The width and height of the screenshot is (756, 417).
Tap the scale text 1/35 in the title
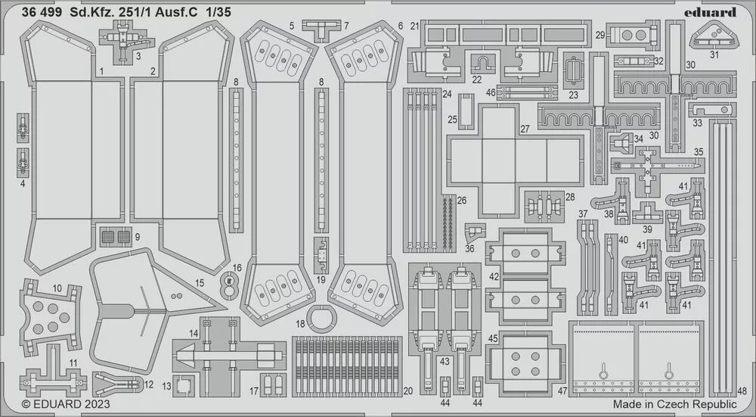pyautogui.click(x=228, y=12)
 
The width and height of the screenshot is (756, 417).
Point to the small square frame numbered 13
pyautogui.click(x=184, y=385)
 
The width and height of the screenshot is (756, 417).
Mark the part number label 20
pyautogui.click(x=408, y=391)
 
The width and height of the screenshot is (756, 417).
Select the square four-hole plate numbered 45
pyautogui.click(x=521, y=362)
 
